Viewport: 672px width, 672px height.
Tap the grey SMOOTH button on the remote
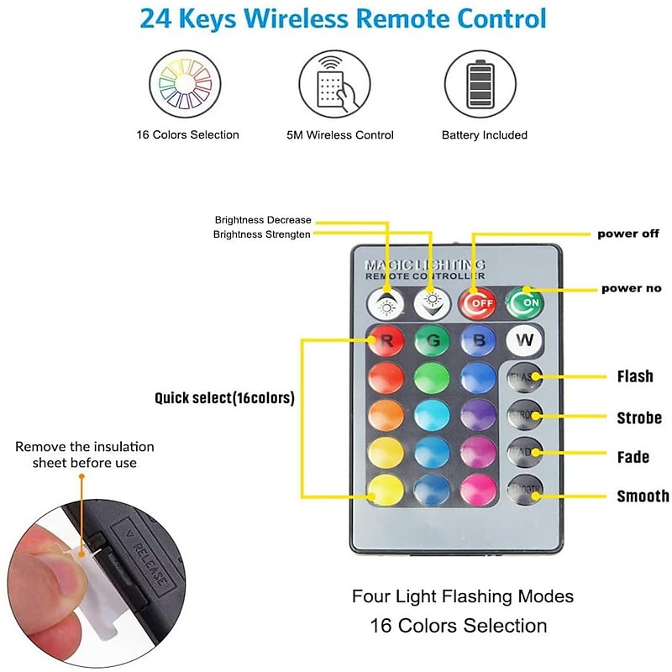pos(525,490)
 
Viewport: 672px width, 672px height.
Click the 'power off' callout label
pos(628,234)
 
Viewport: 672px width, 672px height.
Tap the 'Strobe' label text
pos(639,417)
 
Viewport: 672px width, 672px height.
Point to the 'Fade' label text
pos(633,457)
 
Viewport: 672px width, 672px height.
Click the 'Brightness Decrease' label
pos(263,220)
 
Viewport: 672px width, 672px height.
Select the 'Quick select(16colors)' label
pos(224,398)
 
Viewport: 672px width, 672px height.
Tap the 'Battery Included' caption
pos(485,135)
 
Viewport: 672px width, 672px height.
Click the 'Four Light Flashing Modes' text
pos(463,596)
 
